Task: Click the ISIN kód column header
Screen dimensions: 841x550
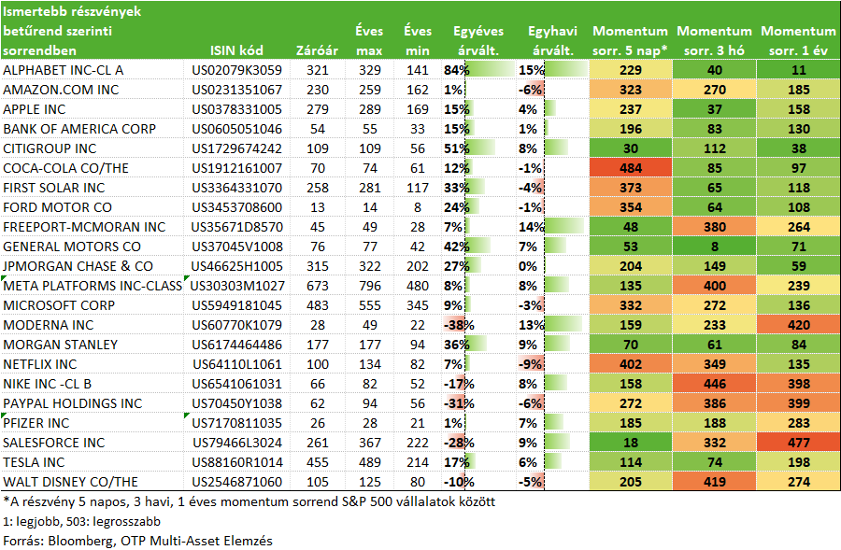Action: [x=236, y=50]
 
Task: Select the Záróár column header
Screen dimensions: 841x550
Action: [x=317, y=50]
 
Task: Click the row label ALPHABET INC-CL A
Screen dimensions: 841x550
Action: [x=64, y=70]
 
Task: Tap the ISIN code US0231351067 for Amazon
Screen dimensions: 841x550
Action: [x=236, y=90]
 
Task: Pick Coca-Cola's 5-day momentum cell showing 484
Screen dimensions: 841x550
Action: [x=631, y=168]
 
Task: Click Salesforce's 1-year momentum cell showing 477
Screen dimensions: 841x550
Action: [x=799, y=443]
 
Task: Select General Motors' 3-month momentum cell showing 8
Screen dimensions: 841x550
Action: [x=715, y=247]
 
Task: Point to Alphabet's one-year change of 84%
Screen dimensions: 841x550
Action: [x=456, y=70]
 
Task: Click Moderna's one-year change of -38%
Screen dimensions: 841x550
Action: [x=459, y=325]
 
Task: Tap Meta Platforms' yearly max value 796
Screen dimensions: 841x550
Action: [x=369, y=286]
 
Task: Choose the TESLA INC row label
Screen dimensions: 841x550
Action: [x=34, y=462]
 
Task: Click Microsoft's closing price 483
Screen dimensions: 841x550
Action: [x=318, y=305]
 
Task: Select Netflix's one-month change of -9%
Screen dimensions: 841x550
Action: [x=530, y=364]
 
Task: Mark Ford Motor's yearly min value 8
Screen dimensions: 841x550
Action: [x=418, y=207]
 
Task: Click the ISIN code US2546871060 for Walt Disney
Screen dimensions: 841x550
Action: [x=236, y=482]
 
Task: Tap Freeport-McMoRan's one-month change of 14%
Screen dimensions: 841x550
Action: [x=532, y=227]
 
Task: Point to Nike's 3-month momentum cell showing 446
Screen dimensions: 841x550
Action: [x=715, y=384]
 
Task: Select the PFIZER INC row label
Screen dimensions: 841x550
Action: [x=36, y=423]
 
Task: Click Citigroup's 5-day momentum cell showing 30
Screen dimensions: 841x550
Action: [x=631, y=148]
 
